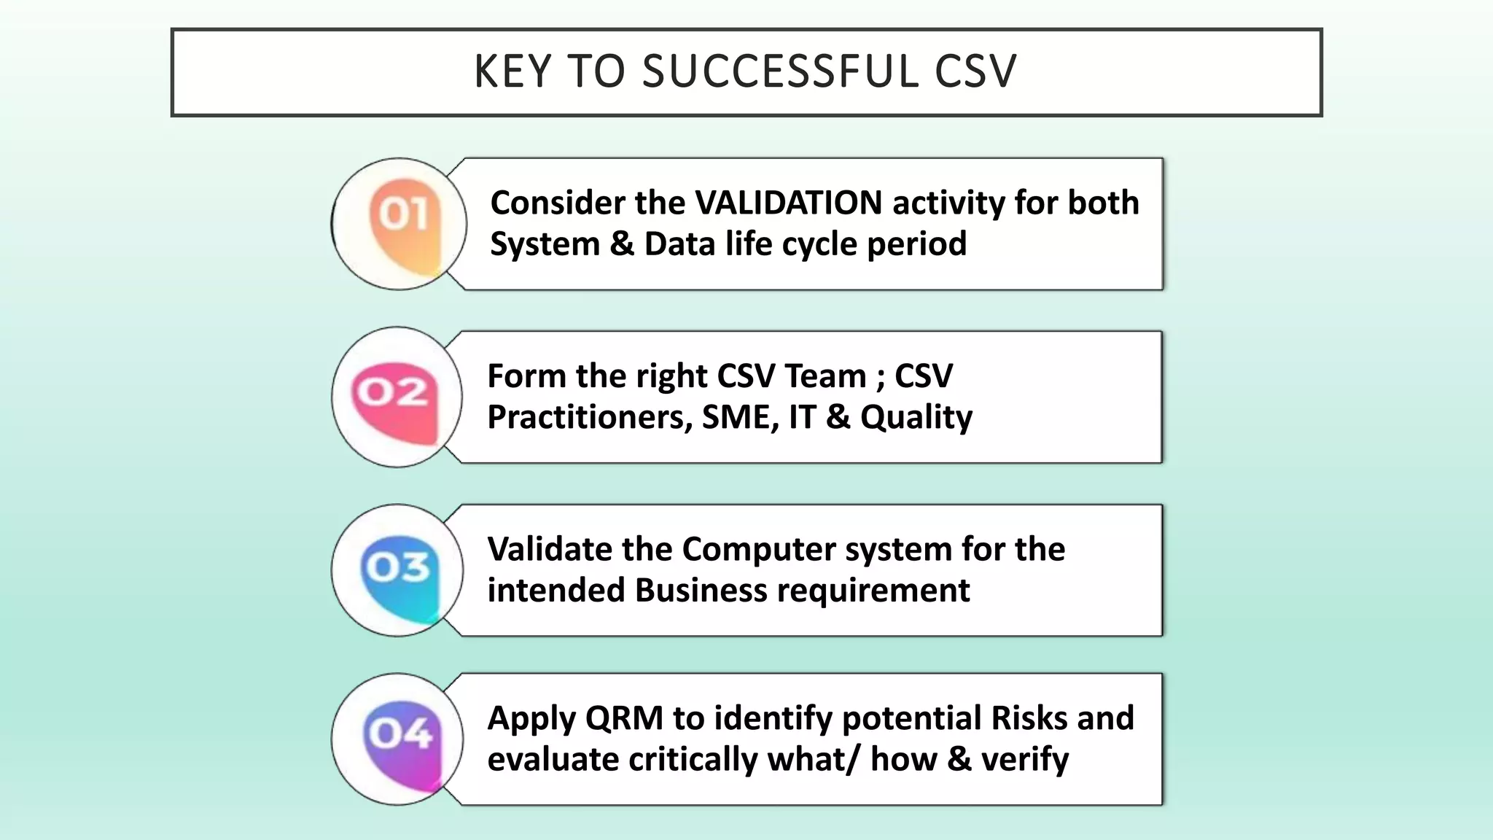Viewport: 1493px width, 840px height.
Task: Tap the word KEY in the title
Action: [x=512, y=71]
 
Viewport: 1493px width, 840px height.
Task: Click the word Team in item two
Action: [x=825, y=376]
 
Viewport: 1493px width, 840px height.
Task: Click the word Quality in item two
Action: [x=916, y=418]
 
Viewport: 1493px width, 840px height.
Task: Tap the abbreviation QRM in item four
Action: [x=624, y=718]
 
